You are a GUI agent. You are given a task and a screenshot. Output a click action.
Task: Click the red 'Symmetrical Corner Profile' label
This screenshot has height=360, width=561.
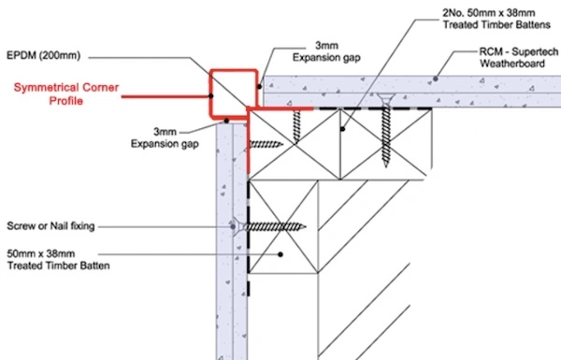click(x=66, y=94)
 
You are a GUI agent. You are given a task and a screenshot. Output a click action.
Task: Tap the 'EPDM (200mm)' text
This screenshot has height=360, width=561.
click(x=44, y=56)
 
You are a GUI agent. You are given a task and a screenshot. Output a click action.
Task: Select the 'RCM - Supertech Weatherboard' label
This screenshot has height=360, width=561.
click(x=518, y=58)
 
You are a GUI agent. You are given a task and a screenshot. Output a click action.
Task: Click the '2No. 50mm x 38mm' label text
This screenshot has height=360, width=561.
click(x=489, y=13)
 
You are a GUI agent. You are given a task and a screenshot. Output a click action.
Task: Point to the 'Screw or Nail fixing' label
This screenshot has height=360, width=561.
click(x=50, y=226)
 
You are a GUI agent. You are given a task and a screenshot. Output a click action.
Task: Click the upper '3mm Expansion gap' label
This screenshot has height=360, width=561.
click(x=326, y=51)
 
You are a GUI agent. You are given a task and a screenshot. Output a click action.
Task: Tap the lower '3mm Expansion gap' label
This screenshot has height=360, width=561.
click(x=165, y=137)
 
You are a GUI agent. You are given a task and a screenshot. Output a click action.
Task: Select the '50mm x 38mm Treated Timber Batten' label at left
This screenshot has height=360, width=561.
click(x=58, y=260)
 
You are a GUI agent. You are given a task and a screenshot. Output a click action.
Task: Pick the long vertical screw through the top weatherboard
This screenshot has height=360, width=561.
click(x=385, y=131)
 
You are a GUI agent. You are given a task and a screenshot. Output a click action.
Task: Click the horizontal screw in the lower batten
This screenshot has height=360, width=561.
click(x=271, y=226)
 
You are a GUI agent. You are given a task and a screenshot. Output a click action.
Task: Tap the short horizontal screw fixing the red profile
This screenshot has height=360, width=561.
click(x=266, y=144)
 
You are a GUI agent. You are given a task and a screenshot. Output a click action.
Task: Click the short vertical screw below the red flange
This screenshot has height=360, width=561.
click(x=296, y=127)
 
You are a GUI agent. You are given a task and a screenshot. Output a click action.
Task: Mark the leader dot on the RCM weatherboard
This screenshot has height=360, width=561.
click(x=436, y=79)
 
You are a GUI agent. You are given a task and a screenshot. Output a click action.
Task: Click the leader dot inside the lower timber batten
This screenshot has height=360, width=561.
click(x=280, y=254)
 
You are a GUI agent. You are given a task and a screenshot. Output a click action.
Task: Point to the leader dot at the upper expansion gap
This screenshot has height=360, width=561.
click(x=259, y=87)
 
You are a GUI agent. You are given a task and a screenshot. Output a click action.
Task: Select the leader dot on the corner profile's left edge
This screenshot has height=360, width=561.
click(x=210, y=96)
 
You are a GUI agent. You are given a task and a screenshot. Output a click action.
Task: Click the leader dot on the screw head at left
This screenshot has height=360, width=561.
click(x=233, y=226)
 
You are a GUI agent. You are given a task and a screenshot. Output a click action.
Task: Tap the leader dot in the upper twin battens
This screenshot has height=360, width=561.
click(x=342, y=129)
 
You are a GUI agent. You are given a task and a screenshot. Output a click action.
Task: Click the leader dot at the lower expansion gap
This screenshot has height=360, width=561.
click(x=226, y=121)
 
